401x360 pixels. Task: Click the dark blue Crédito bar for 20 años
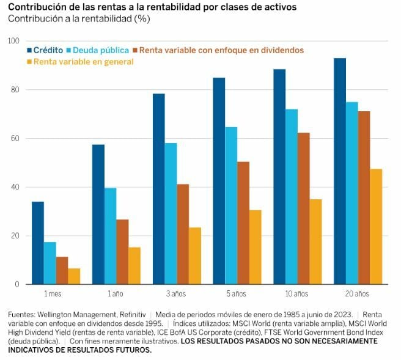pos(340,171)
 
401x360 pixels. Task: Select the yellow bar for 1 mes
pos(74,276)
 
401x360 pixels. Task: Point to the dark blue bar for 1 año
pos(98,214)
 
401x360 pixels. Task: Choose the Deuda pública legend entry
pos(101,50)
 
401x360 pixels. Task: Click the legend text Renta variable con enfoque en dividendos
pos(221,50)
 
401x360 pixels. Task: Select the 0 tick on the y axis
pos(17,284)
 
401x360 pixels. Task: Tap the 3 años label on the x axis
pos(177,294)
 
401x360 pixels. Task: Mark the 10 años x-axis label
pos(297,294)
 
